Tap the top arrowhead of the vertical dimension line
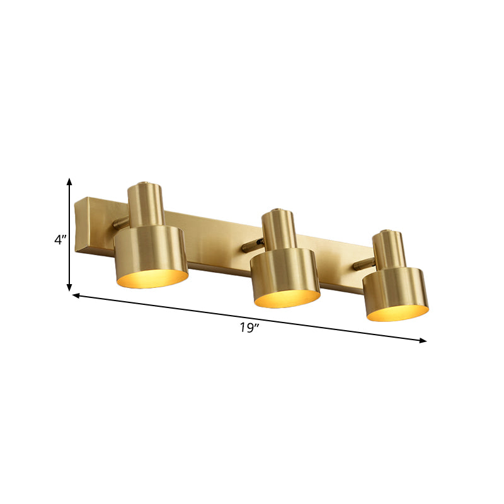coord(69,182)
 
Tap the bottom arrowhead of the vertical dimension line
coord(69,288)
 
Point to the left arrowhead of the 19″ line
coord(76,295)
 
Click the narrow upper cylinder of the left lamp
coord(146,203)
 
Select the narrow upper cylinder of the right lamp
coord(386,249)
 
